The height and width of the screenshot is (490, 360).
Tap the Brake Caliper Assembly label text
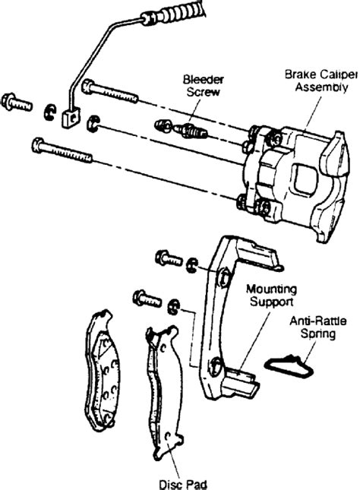click(317, 81)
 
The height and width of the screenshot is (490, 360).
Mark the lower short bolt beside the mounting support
click(147, 296)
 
